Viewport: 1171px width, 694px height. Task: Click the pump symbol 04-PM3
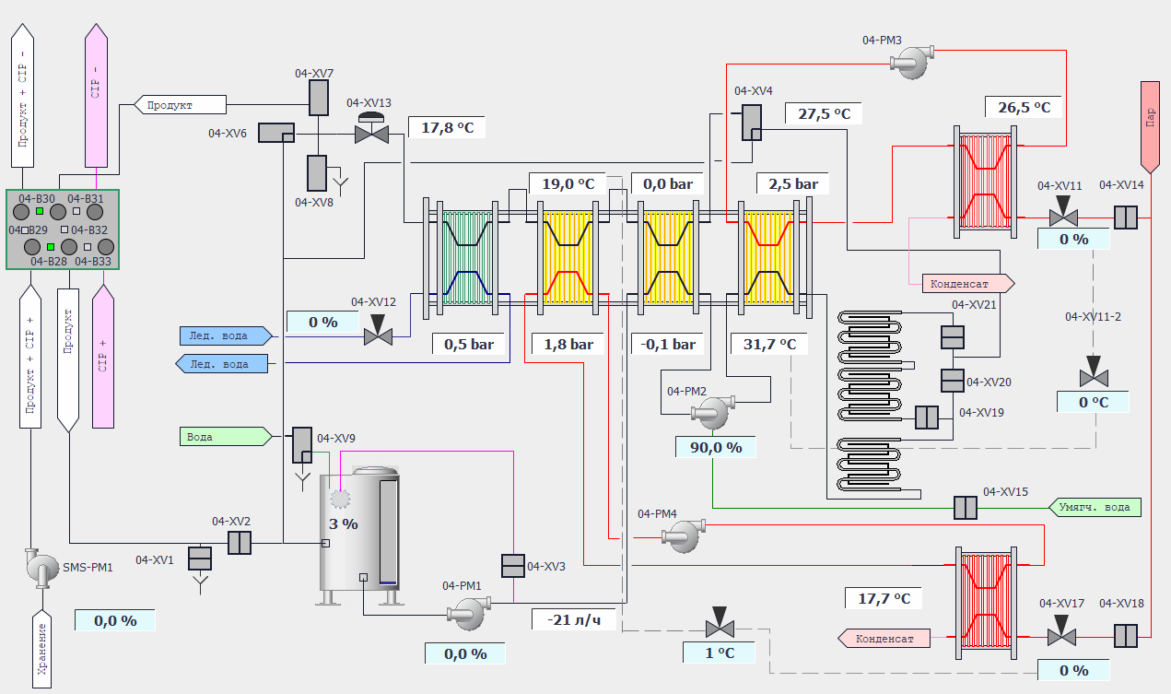pyautogui.click(x=910, y=62)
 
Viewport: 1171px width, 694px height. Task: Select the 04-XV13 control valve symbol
pyautogui.click(x=372, y=134)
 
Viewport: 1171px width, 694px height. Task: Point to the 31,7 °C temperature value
pyautogui.click(x=763, y=344)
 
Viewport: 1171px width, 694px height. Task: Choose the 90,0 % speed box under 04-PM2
pyautogui.click(x=715, y=447)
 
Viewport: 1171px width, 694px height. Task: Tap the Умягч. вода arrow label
pyautogui.click(x=1095, y=507)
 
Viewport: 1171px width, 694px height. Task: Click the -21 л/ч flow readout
pyautogui.click(x=572, y=618)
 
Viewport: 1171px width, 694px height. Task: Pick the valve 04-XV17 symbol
pyautogui.click(x=1062, y=636)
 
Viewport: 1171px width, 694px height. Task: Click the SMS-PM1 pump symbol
pyautogui.click(x=40, y=567)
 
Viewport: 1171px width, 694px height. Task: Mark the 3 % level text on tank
pyautogui.click(x=343, y=523)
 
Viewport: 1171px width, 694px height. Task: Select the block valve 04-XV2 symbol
pyautogui.click(x=239, y=543)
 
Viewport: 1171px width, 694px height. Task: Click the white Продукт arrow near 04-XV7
pyautogui.click(x=181, y=105)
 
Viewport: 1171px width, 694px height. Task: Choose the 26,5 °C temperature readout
pyautogui.click(x=1023, y=107)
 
